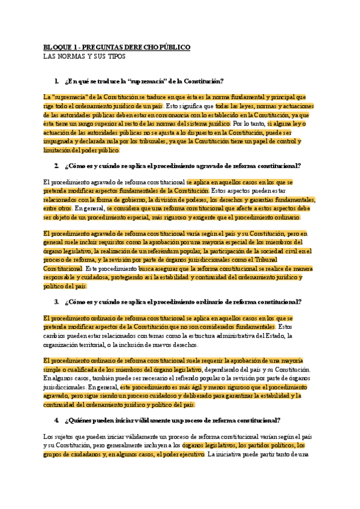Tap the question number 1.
[x=56, y=81]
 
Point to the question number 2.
[x=56, y=165]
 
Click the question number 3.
[x=56, y=302]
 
